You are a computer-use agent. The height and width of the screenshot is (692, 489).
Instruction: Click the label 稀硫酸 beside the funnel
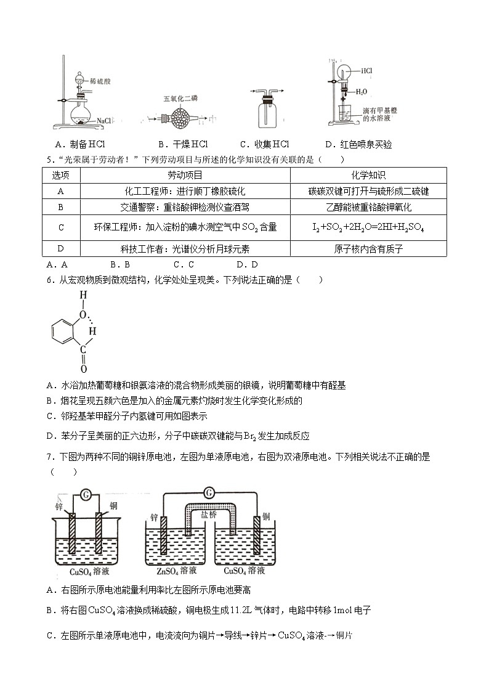pyautogui.click(x=99, y=81)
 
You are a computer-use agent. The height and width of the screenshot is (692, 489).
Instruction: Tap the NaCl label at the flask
pyautogui.click(x=103, y=121)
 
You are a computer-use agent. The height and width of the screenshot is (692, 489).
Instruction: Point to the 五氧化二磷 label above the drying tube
pyautogui.click(x=180, y=99)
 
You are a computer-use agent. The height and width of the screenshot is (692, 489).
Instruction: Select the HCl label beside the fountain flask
pyautogui.click(x=366, y=71)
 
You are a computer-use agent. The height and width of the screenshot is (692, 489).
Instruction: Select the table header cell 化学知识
pyautogui.click(x=368, y=176)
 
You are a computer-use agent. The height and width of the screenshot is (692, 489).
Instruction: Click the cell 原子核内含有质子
pyautogui.click(x=368, y=249)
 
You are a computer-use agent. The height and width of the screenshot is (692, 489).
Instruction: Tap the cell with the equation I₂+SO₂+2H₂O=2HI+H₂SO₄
pyautogui.click(x=368, y=227)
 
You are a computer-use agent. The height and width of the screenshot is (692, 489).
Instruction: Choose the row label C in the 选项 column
pyautogui.click(x=61, y=227)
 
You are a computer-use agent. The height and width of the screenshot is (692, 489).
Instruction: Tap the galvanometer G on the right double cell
pyautogui.click(x=209, y=492)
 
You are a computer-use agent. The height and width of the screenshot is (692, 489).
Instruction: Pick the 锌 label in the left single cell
pyautogui.click(x=59, y=507)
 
